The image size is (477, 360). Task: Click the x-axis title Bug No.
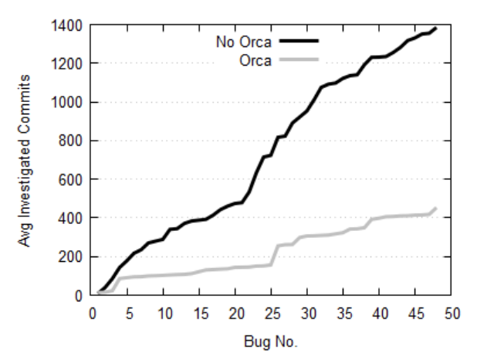pos(271,340)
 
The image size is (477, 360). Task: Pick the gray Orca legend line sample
pos(298,59)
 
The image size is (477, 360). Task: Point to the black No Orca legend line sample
pos(298,39)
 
